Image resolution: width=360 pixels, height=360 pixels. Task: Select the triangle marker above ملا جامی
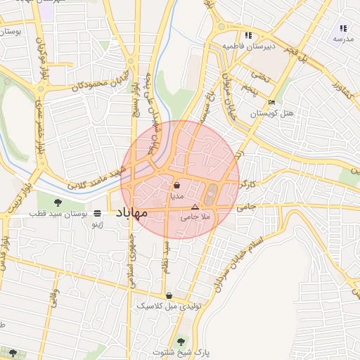195,207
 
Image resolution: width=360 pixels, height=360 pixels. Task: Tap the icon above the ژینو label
97,213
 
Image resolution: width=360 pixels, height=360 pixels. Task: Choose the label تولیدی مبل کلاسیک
165,306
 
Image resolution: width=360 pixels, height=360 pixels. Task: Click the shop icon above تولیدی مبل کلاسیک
169,295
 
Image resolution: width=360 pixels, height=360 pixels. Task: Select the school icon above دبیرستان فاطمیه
247,35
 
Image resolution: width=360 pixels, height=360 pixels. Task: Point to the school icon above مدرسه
343,28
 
